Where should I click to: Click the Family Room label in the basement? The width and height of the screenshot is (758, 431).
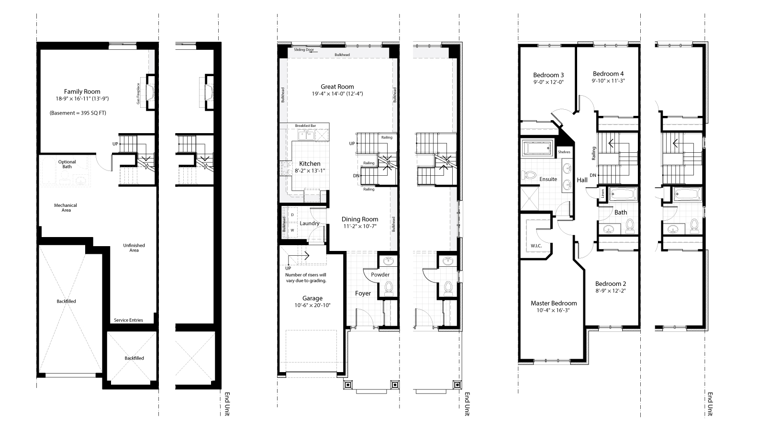click(x=82, y=91)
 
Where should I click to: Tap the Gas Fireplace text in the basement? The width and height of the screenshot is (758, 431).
click(x=139, y=94)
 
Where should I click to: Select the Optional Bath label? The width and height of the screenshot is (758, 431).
click(x=67, y=164)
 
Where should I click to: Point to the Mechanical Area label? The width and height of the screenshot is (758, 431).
click(x=66, y=207)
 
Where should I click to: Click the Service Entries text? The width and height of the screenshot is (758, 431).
click(x=128, y=320)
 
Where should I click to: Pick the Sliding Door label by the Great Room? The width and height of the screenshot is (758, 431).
click(x=304, y=49)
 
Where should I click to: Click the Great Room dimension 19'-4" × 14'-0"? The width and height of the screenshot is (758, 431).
click(x=337, y=94)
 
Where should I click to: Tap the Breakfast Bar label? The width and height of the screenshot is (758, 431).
click(x=305, y=125)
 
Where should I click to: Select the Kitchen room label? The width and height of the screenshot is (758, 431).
click(x=306, y=164)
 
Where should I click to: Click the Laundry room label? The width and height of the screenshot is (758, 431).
click(x=310, y=223)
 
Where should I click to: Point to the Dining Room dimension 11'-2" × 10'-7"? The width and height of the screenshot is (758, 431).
click(x=360, y=226)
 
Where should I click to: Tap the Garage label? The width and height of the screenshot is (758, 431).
click(x=312, y=298)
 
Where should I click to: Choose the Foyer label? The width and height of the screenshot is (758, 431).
click(x=363, y=293)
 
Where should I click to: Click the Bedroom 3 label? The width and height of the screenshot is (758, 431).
click(x=548, y=75)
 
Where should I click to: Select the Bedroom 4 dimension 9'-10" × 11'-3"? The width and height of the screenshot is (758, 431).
click(x=608, y=81)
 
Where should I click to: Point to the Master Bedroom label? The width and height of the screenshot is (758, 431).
click(x=554, y=303)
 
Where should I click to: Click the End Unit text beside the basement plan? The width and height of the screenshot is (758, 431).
click(x=227, y=404)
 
